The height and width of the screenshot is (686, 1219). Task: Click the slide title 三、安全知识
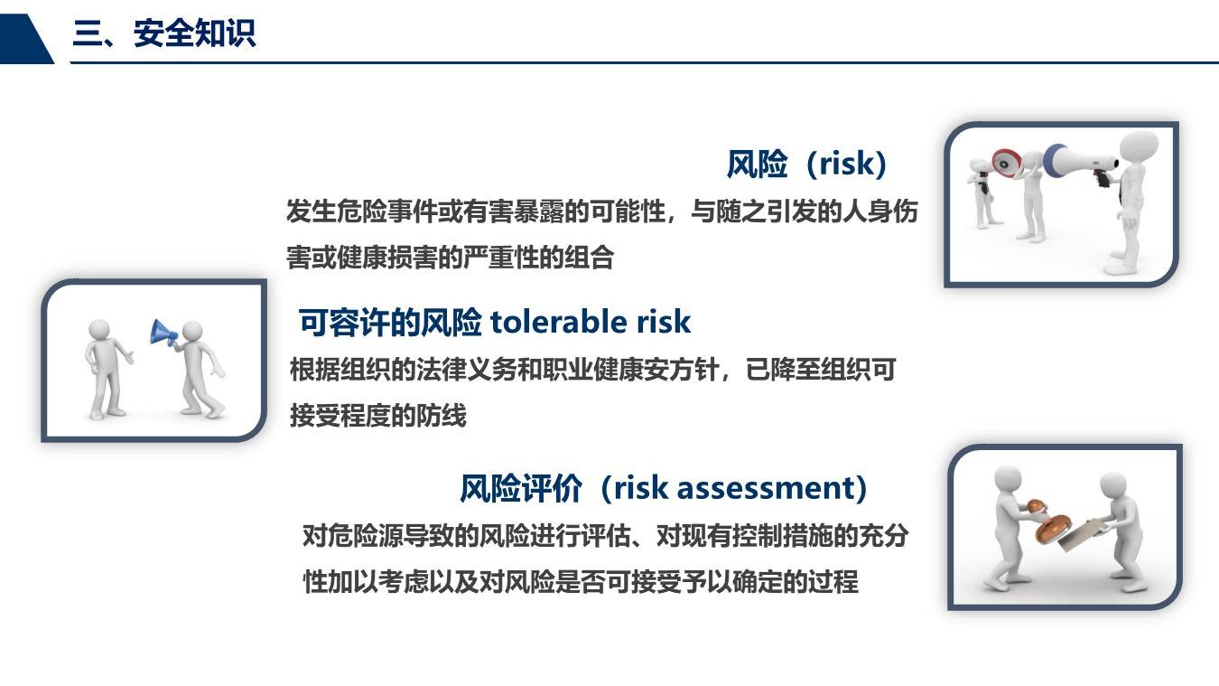tap(163, 33)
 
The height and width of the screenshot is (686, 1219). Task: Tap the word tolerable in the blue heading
tap(559, 322)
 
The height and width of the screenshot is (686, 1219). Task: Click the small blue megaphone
tap(163, 333)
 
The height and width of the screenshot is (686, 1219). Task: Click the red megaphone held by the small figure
tap(1007, 164)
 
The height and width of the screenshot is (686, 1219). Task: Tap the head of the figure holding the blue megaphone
tap(192, 332)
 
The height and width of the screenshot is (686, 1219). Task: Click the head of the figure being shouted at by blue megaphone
tap(99, 330)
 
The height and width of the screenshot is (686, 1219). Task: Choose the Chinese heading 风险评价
tap(521, 488)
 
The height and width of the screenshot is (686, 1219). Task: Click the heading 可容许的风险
tap(390, 322)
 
